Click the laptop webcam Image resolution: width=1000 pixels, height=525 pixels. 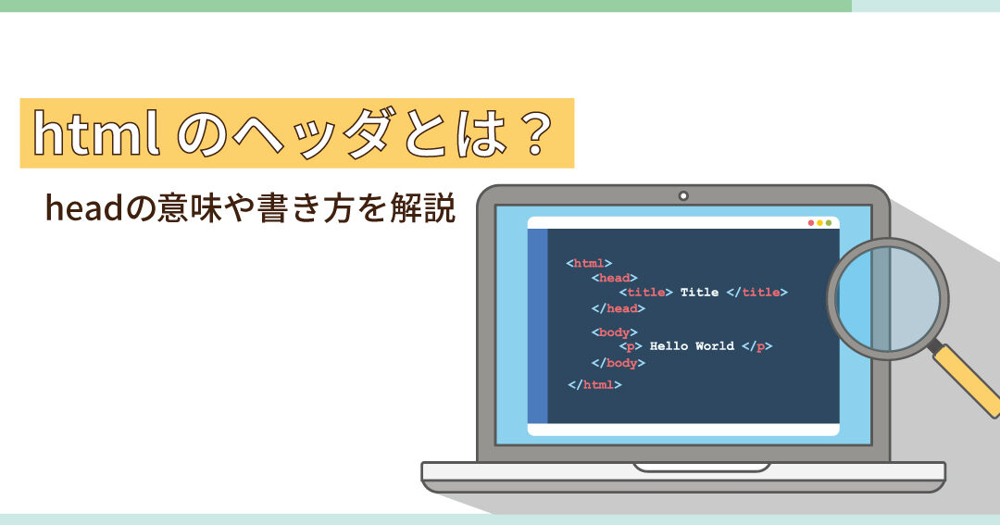683,196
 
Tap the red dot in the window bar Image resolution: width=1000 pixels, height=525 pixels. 811,222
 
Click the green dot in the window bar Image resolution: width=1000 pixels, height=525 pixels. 829,222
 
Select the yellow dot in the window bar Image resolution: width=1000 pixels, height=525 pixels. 819,222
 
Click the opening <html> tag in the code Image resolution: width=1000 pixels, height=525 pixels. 589,263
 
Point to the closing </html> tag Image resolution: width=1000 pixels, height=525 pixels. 594,384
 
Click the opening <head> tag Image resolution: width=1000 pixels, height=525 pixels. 615,278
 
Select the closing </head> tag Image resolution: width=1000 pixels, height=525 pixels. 618,308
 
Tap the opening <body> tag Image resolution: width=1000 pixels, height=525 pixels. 615,332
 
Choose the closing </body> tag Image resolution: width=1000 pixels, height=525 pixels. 618,363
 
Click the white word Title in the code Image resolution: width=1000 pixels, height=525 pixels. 699,293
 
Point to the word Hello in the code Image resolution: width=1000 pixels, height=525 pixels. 669,345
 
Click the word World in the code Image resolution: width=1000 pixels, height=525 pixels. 714,345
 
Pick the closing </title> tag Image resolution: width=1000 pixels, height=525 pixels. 757,293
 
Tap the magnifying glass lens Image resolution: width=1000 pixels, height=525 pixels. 888,298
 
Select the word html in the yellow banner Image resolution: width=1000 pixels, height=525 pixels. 96,134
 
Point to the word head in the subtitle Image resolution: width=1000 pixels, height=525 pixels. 83,208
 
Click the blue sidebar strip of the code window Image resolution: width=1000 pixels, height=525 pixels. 538,326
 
